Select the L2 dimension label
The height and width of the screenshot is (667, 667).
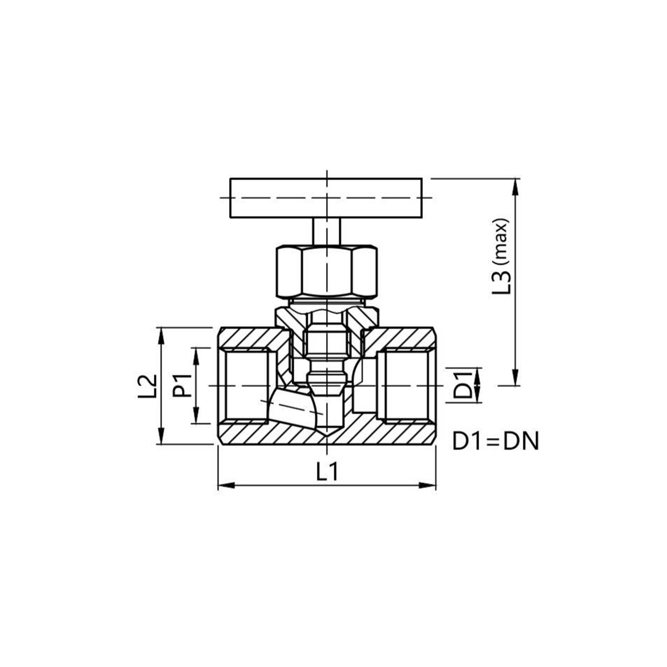coord(147,386)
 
